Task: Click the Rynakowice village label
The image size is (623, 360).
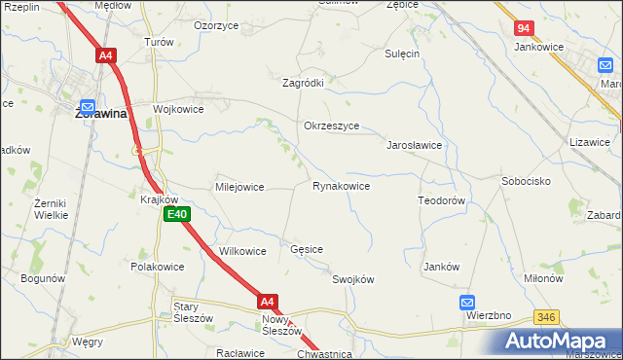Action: tap(341, 186)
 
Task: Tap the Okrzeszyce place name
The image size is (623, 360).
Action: tap(332, 126)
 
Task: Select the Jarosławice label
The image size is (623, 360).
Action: tap(416, 144)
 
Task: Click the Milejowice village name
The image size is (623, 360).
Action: tap(239, 187)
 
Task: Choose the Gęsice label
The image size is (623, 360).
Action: tap(307, 249)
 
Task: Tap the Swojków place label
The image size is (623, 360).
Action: tap(353, 279)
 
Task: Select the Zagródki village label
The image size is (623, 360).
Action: tap(303, 83)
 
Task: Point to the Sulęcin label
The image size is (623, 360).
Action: tap(402, 54)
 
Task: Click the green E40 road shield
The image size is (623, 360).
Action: tap(176, 214)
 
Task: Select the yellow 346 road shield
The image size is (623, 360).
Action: tap(546, 316)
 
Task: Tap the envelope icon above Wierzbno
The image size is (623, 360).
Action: tap(468, 302)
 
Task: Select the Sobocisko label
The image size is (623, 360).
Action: tap(527, 182)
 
